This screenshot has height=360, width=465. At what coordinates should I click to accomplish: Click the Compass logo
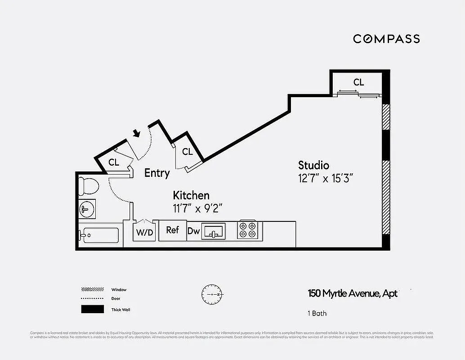click(x=386, y=39)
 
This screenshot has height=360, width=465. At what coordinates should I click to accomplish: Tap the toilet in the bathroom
click(x=89, y=186)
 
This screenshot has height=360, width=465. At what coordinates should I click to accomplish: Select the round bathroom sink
click(x=87, y=208)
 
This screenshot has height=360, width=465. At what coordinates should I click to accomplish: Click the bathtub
click(x=99, y=235)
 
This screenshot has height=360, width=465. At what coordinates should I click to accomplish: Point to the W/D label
click(x=144, y=233)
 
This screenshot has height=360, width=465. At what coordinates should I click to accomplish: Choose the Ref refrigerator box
click(x=173, y=230)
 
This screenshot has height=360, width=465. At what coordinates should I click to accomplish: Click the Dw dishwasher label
click(x=194, y=231)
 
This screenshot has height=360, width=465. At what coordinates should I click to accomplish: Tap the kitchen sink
click(x=214, y=231)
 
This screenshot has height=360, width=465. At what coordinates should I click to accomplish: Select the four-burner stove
click(x=247, y=229)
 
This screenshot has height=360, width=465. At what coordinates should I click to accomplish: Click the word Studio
click(x=314, y=165)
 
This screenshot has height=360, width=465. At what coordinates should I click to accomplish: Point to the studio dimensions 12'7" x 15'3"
click(x=323, y=178)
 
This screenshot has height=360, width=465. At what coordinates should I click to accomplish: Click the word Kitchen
click(x=191, y=195)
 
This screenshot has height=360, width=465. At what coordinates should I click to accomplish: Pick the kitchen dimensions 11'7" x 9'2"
click(x=198, y=208)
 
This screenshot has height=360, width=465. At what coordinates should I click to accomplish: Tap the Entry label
click(x=157, y=173)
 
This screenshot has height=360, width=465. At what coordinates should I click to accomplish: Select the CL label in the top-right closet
click(x=358, y=82)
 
